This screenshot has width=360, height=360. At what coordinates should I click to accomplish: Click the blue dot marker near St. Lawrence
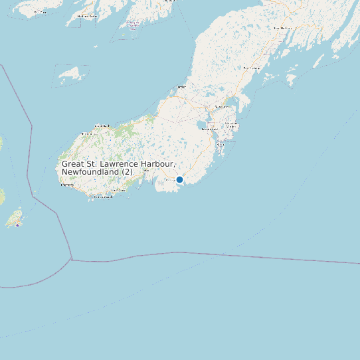click(x=179, y=179)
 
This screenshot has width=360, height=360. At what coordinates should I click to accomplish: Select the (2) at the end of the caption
click(x=128, y=172)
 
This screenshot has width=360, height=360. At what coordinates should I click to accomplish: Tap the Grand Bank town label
click(x=86, y=134)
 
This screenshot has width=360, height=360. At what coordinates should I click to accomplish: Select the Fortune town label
click(x=67, y=185)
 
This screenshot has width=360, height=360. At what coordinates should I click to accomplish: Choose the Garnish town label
click(x=103, y=125)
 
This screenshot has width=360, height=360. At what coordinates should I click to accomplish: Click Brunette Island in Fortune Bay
click(x=69, y=72)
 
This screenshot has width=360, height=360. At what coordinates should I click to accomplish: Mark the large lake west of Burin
click(x=201, y=126)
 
